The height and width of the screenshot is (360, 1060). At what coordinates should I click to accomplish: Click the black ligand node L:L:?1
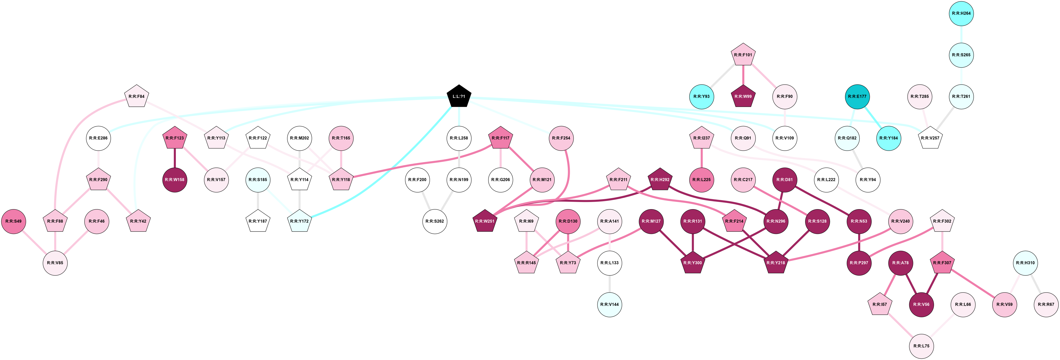(459, 97)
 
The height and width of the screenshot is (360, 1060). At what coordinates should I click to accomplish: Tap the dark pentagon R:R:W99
(743, 97)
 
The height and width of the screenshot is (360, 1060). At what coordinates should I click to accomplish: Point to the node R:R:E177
(857, 97)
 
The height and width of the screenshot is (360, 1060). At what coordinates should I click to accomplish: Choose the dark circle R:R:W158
(175, 180)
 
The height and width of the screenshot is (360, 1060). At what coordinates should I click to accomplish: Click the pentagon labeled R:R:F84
(136, 97)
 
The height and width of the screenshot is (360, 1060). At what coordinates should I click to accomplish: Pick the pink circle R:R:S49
(14, 221)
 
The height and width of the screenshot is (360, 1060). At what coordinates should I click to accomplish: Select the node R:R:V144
(609, 305)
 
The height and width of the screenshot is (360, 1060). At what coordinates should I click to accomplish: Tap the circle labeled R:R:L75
(921, 346)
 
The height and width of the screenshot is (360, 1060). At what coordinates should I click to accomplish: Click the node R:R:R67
(1046, 305)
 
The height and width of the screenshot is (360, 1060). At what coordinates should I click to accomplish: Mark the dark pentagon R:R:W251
(485, 221)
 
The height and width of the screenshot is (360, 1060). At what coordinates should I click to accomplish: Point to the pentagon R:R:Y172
(300, 221)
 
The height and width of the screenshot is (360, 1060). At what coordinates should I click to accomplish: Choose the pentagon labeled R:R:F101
(743, 55)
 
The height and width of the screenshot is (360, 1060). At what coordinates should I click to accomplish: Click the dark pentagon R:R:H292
(660, 180)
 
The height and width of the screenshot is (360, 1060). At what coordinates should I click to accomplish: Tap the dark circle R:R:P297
(859, 263)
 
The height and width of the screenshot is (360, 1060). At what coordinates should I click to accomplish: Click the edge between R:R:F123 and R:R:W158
(175, 159)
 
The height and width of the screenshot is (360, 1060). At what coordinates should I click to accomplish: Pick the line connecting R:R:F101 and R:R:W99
(743, 76)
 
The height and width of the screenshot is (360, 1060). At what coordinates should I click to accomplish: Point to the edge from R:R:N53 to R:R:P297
(859, 242)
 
